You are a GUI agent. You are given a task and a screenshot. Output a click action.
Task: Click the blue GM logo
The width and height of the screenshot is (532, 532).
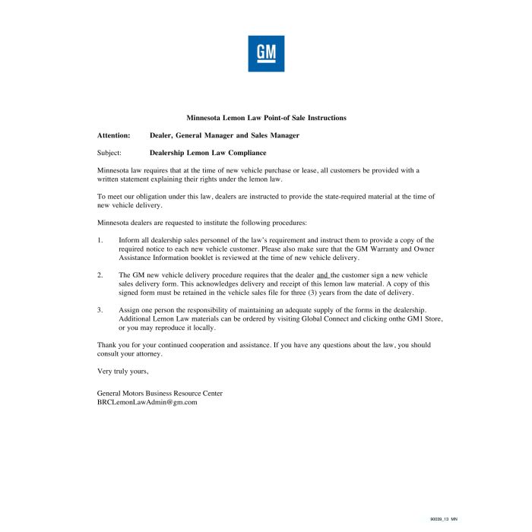tap(266, 53)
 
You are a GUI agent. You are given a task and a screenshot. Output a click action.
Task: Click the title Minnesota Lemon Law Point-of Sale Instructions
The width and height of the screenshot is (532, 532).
tap(266, 118)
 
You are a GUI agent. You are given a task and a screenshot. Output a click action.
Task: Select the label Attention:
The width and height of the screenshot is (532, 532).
tap(114, 135)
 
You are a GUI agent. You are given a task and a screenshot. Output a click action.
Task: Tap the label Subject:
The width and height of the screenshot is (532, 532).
tap(109, 153)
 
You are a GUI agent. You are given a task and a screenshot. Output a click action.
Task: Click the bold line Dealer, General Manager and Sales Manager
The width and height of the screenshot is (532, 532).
tap(224, 135)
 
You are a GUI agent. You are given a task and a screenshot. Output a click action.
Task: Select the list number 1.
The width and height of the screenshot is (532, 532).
tap(100, 240)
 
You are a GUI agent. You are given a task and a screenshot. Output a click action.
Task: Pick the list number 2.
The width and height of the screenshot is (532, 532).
tap(100, 274)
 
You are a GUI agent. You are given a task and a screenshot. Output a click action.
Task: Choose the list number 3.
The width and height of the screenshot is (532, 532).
tap(100, 310)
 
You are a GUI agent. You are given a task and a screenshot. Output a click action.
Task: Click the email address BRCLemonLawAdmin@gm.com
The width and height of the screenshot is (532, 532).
tap(147, 402)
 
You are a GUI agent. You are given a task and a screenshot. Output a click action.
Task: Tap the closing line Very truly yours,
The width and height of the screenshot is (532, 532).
tap(123, 371)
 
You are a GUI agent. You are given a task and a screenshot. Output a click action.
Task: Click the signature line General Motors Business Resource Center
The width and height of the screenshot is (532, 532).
tap(160, 393)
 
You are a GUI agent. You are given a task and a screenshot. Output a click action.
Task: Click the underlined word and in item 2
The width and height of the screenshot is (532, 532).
tap(322, 274)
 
